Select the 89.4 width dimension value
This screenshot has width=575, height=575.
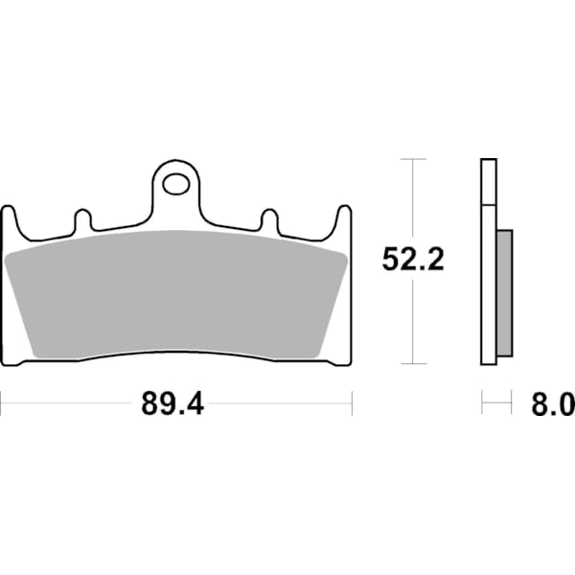(x=172, y=404)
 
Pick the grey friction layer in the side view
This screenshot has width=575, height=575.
(x=505, y=292)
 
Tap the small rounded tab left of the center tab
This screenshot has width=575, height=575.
(x=82, y=219)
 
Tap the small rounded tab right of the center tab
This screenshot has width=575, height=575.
(x=269, y=219)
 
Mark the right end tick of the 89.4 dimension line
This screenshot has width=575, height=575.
(x=353, y=403)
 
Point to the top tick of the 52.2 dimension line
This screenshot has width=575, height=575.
(x=412, y=159)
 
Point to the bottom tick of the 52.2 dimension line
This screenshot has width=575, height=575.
(x=412, y=363)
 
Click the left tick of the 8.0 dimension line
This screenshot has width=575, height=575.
(x=482, y=403)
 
